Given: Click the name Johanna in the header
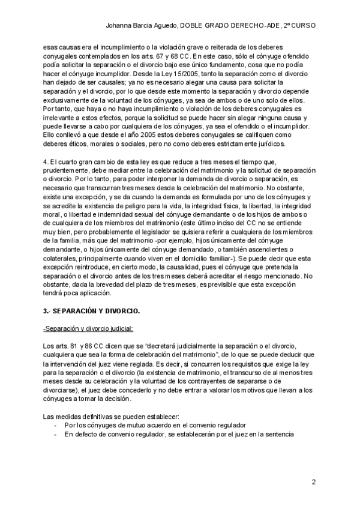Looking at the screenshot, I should pos(119,26).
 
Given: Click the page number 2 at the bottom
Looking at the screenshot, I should pos(314,482).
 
